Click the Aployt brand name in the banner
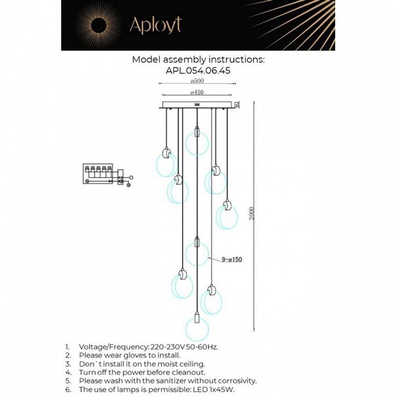coord(155,25)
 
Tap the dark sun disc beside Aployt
coord(99,25)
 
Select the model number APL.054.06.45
coord(198,70)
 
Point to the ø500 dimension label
coord(197,81)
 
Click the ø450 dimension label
coord(197,92)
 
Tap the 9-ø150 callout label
coord(232,260)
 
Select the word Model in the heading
coord(145,60)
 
